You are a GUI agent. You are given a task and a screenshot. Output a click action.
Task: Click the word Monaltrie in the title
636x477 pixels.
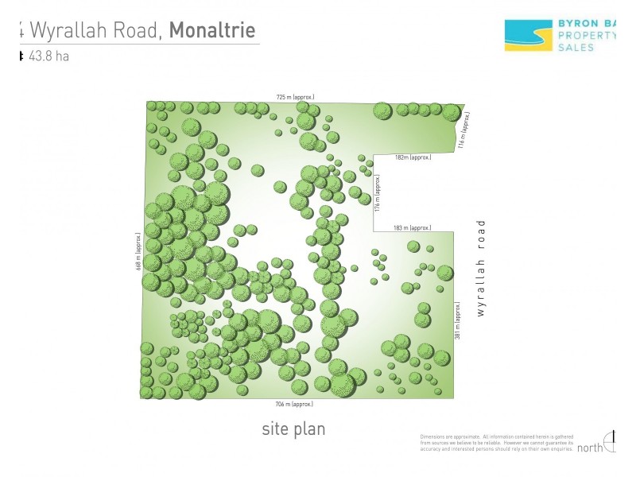coord(212,31)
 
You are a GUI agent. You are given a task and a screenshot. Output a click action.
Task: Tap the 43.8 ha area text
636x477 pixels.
coord(48,56)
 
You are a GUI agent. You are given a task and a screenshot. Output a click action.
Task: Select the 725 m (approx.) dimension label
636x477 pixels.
coord(295,97)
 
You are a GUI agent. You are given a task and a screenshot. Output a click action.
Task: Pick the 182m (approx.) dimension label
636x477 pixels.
coord(413,157)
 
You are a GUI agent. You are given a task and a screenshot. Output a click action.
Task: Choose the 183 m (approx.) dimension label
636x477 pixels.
coord(412,228)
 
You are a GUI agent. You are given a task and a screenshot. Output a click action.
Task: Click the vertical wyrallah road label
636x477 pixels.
coord(480,269)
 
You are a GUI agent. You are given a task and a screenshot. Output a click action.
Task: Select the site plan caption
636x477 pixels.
coord(293,429)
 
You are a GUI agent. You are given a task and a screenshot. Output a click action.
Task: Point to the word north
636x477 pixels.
coord(590,448)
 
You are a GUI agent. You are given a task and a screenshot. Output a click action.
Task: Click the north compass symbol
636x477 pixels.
coord(611,441)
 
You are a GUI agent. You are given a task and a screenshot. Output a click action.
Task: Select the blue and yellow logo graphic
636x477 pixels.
coord(526,35)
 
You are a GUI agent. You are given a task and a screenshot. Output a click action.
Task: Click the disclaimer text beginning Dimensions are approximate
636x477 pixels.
coord(496,444)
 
